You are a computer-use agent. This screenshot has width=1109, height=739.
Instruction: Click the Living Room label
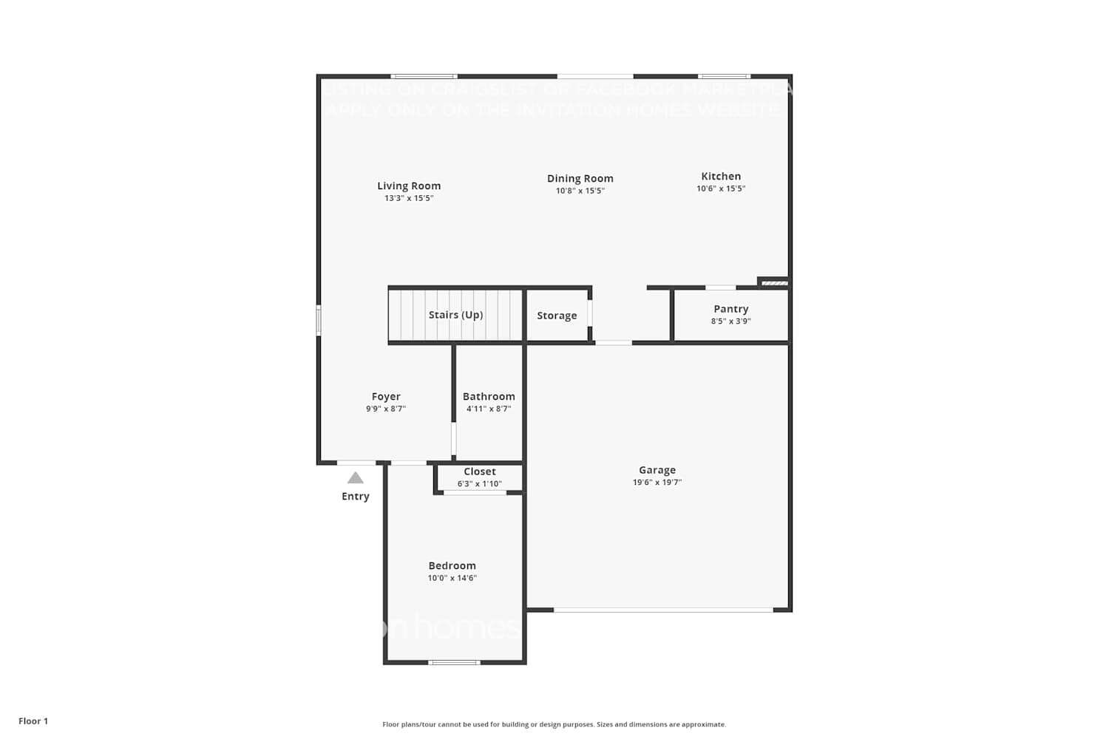(409, 186)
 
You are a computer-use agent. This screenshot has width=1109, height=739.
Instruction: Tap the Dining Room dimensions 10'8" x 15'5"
(580, 191)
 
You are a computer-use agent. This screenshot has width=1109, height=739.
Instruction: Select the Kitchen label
(721, 177)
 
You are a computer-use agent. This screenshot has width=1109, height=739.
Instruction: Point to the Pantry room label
(730, 309)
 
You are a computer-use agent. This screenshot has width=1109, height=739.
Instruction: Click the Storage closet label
(557, 316)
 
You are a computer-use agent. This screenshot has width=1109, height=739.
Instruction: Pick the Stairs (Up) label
(455, 315)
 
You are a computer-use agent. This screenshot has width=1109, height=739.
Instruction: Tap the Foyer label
(386, 397)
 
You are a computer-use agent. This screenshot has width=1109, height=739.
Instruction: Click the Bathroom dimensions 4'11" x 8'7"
(488, 409)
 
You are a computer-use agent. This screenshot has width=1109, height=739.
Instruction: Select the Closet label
(480, 471)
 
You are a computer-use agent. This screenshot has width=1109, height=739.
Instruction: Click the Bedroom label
(452, 566)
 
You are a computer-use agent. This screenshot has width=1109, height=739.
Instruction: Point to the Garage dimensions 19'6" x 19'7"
(657, 483)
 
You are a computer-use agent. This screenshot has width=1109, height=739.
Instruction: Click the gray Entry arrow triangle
(356, 478)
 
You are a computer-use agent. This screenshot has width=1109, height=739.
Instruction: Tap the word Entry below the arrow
(356, 497)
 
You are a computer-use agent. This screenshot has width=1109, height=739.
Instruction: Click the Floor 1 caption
(33, 721)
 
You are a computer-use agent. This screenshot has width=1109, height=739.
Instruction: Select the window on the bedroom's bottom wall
(454, 662)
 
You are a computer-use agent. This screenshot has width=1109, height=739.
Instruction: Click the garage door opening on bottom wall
(663, 610)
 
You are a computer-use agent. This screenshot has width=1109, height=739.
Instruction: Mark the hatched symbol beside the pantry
(774, 283)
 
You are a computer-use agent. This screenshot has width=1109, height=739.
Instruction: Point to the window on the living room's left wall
(319, 321)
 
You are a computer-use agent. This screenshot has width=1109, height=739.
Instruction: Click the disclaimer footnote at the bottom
(554, 724)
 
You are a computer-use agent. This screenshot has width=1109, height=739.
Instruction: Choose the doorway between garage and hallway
(614, 343)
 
